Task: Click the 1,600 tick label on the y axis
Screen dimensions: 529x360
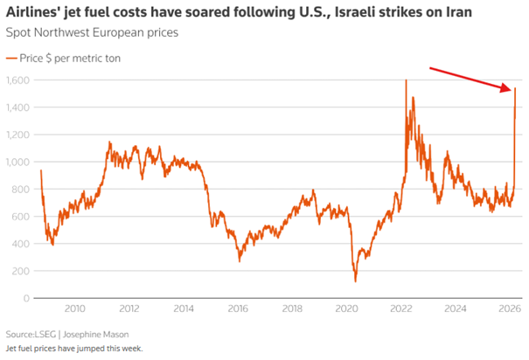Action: [17, 80]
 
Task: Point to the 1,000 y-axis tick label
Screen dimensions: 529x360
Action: [17, 162]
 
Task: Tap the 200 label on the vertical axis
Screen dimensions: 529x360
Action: [21, 271]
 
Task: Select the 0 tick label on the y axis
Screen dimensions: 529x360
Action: [26, 298]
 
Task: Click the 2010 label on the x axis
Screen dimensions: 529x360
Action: [74, 308]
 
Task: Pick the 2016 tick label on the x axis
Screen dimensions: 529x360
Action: [238, 308]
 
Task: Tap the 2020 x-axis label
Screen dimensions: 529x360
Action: [346, 308]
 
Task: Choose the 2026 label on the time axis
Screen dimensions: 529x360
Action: [510, 308]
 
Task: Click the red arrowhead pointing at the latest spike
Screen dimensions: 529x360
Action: [507, 88]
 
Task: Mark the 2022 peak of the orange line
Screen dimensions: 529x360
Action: [407, 80]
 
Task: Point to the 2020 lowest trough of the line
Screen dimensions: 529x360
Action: [355, 281]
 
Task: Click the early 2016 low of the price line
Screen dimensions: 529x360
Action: [240, 261]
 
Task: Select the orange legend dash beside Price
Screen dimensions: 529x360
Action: [11, 59]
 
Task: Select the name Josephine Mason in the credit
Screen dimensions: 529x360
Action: [96, 335]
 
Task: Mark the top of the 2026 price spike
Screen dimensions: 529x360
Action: [515, 88]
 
